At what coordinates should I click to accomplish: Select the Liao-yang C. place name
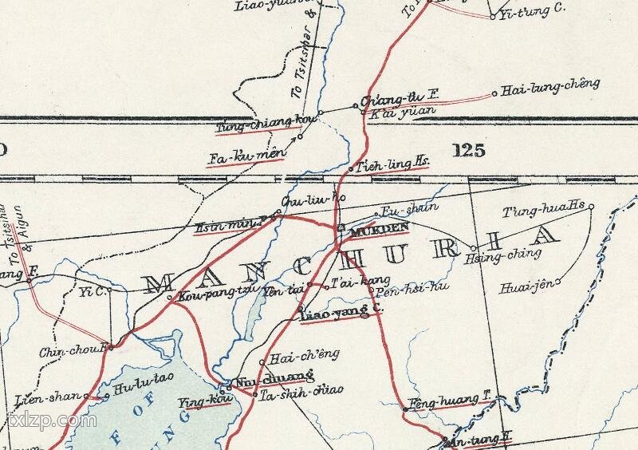(x=335, y=314)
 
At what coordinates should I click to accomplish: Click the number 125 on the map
(x=467, y=150)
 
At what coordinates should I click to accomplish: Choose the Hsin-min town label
(x=229, y=227)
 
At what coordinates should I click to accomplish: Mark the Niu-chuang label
(x=270, y=378)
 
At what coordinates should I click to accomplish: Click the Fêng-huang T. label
(x=447, y=400)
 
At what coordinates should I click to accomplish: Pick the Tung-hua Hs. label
(x=545, y=210)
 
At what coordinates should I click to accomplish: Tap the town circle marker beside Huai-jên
(x=558, y=281)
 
